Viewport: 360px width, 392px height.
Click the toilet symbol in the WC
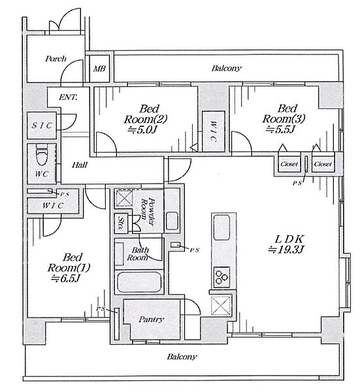tap(42, 157)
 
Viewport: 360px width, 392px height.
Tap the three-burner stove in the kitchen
tap(221, 277)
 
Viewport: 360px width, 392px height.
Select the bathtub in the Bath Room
tap(139, 282)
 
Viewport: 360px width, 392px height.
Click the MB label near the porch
tap(99, 69)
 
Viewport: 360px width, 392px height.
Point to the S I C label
tap(42, 125)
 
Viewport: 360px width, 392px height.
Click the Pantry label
tap(151, 319)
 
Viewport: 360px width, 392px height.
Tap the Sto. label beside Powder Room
tap(122, 223)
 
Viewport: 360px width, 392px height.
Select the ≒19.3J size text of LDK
tap(286, 250)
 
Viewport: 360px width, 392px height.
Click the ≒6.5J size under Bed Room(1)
tap(65, 278)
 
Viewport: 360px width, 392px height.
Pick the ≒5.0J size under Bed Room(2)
tap(142, 129)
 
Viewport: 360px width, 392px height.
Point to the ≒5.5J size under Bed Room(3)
tap(280, 129)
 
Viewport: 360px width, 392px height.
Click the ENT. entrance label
tap(68, 97)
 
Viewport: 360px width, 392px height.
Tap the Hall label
tap(80, 165)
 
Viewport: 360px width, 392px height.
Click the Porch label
tap(56, 59)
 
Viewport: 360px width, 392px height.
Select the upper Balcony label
tap(227, 68)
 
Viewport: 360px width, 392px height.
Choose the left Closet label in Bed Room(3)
tap(289, 164)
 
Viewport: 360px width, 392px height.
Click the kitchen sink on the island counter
tap(221, 227)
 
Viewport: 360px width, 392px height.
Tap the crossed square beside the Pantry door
tap(221, 305)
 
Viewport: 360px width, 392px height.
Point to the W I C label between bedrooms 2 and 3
tap(213, 132)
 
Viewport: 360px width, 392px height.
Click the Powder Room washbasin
tap(172, 221)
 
